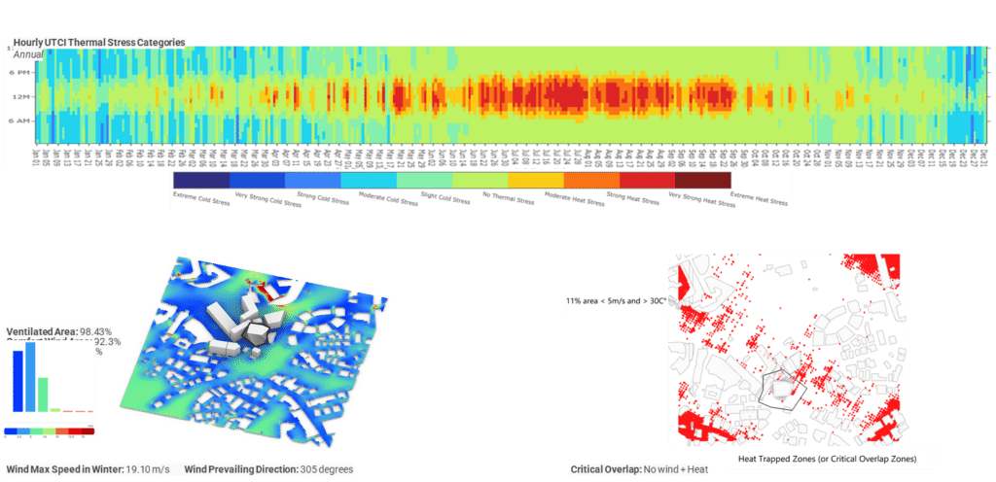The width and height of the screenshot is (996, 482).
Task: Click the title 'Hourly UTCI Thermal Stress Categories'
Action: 98,44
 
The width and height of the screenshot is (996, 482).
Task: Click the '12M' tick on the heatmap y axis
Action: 19,96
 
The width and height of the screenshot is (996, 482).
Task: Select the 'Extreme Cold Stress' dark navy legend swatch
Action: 199,181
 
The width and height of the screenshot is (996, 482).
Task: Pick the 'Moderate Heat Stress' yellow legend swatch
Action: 535,181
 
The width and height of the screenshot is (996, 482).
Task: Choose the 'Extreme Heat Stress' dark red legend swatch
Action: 702,181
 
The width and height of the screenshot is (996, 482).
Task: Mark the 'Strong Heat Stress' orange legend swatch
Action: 590,181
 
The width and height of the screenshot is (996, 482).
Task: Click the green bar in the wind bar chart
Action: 43,394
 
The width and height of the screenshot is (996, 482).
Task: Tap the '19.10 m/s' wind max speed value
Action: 149,469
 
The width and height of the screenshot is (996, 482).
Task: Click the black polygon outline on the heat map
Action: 785,391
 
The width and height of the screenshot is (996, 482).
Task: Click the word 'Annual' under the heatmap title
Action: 29,55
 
